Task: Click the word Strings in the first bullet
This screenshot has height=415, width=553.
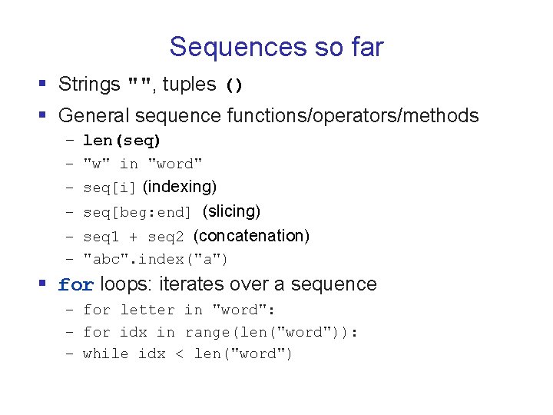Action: click(89, 85)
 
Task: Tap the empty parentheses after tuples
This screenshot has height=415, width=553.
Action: click(234, 86)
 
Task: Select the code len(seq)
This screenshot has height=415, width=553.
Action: click(121, 141)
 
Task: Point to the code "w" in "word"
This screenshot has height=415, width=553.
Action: click(143, 164)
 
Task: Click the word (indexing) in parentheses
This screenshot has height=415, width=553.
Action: click(180, 187)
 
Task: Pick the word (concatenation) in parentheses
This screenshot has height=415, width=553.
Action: click(251, 235)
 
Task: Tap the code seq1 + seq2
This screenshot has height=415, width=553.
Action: click(134, 237)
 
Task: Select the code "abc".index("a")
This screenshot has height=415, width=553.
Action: click(155, 260)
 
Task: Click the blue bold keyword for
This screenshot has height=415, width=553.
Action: click(76, 285)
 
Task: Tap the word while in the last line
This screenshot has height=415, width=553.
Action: click(105, 354)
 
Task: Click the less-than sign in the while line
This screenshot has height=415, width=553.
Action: click(180, 354)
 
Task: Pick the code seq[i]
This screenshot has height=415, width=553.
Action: click(110, 188)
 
